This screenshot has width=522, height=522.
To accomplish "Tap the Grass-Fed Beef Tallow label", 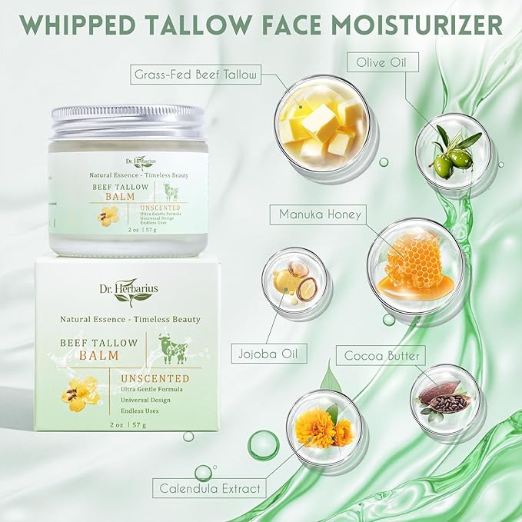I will [195, 75].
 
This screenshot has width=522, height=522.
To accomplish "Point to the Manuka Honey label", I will [314, 214].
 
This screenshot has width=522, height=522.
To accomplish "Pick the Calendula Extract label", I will [210, 487].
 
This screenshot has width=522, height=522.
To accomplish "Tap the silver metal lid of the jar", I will [126, 123].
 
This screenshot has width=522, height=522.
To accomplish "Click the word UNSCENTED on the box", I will [155, 378].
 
